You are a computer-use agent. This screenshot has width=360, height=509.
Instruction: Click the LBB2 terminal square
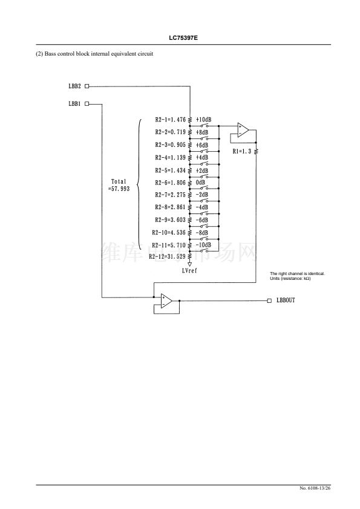(87, 86)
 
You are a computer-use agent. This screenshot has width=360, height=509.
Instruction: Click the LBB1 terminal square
(87, 104)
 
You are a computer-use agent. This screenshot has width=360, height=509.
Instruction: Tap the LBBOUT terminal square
(269, 300)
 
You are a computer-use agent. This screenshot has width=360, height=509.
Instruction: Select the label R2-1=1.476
(171, 120)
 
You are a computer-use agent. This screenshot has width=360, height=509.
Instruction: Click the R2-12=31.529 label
(168, 256)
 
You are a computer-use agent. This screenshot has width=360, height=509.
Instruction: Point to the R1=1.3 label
(242, 151)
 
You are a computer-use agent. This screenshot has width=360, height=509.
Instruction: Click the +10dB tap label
(203, 120)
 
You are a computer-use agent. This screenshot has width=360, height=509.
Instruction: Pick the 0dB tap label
(200, 183)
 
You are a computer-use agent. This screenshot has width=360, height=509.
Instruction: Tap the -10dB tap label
(203, 245)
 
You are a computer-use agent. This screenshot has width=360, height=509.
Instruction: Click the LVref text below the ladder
(189, 270)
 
